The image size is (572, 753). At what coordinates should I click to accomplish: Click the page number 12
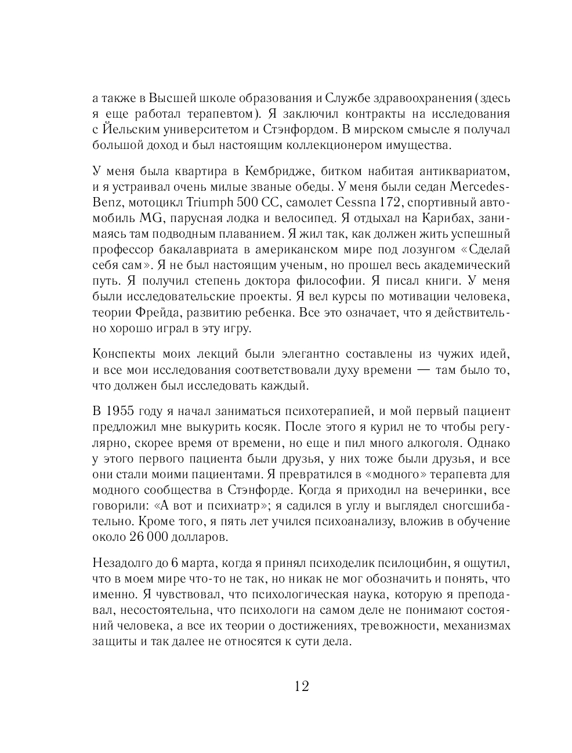[302, 686]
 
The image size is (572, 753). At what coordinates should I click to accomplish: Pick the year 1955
[120, 412]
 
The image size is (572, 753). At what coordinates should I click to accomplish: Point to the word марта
[198, 563]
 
